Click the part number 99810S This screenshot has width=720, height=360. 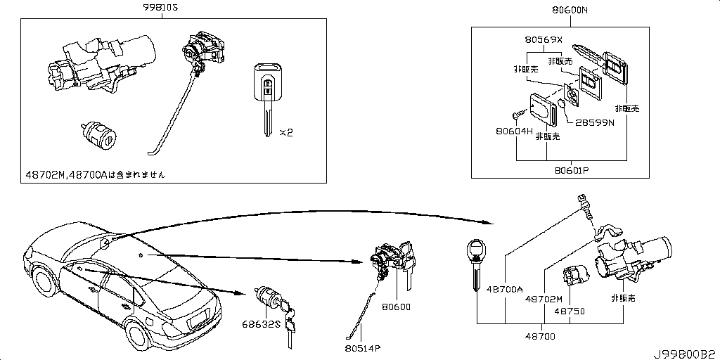(160, 8)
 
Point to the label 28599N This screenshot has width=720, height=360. (594, 122)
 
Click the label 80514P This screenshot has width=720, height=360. (363, 347)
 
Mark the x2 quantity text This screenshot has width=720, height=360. (286, 132)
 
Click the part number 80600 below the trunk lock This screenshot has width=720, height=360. (396, 307)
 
